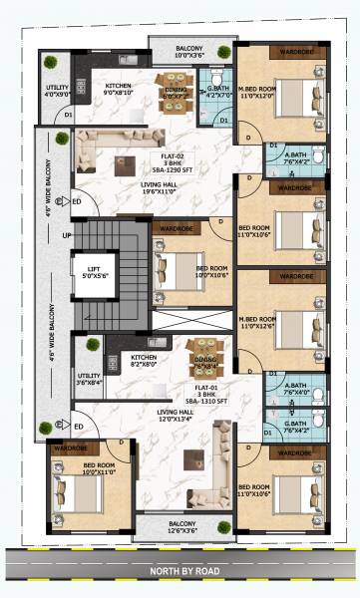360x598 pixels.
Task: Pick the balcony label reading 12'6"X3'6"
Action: pyautogui.click(x=181, y=529)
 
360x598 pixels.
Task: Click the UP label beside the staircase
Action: pyautogui.click(x=68, y=236)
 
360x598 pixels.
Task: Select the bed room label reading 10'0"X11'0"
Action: pyautogui.click(x=103, y=469)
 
